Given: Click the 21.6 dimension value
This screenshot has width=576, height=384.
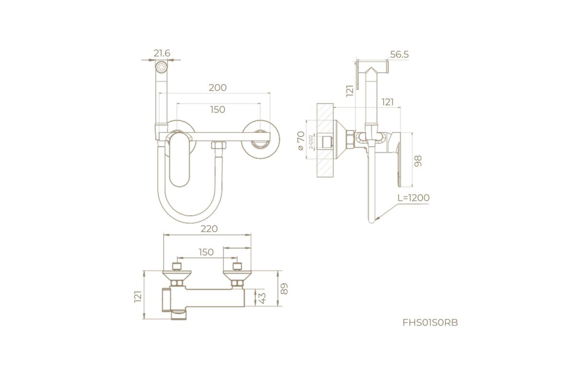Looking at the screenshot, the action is pos(162,53).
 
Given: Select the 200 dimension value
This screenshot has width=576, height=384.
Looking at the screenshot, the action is pos(217,88).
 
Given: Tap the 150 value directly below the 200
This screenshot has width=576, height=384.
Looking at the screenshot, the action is pos(217,109).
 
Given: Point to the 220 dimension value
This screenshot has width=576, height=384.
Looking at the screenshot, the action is pos(209,228).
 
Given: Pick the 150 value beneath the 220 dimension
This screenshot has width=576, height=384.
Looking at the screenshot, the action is pos(206,252).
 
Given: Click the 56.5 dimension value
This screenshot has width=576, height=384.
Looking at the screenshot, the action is pos(399,55).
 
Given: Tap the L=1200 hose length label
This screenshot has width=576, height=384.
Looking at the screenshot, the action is pos(413,198).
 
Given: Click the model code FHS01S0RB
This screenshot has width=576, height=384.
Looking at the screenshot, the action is pos(430,323).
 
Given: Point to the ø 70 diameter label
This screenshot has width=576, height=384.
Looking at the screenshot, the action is pos(301,141).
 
